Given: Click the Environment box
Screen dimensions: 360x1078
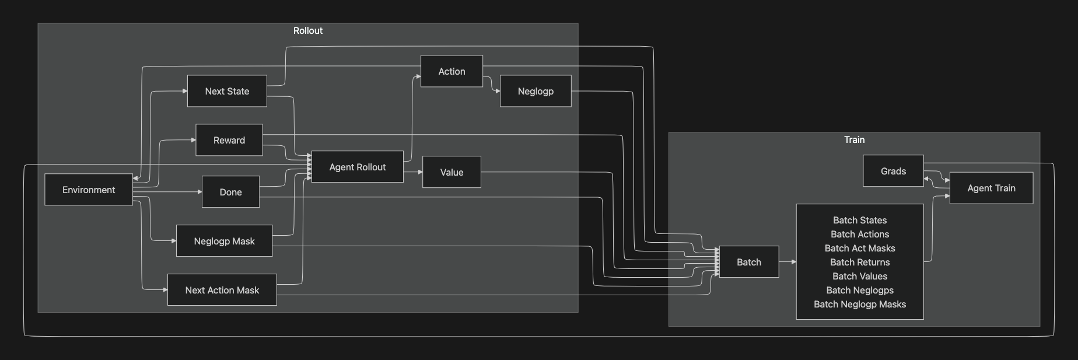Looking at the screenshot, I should [89, 190].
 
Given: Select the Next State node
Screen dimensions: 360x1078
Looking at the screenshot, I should [227, 91].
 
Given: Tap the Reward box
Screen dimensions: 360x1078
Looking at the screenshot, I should [229, 140].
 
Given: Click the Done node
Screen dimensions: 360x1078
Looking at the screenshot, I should [230, 192].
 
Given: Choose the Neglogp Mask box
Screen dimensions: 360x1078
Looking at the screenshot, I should [224, 241].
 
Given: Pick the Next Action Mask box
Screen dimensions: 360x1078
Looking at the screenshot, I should [222, 290].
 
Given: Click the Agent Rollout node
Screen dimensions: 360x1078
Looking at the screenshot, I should [357, 167].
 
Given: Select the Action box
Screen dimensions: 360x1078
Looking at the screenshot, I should [452, 71].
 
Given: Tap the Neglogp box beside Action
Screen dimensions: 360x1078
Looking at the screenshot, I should [535, 91].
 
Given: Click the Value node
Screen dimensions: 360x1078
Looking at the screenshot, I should [452, 172].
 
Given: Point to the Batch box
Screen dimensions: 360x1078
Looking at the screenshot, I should [748, 262].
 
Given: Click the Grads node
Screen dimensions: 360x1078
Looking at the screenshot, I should [893, 171].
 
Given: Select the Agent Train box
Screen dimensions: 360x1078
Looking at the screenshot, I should [991, 188].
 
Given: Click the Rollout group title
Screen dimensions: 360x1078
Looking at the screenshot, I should [307, 30].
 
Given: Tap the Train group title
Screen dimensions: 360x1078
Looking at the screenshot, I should [854, 139].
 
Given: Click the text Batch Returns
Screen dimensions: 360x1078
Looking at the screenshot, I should [860, 262].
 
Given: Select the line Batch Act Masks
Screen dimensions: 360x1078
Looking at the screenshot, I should [860, 248].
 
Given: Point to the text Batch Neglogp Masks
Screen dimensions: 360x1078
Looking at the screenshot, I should [860, 304].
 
